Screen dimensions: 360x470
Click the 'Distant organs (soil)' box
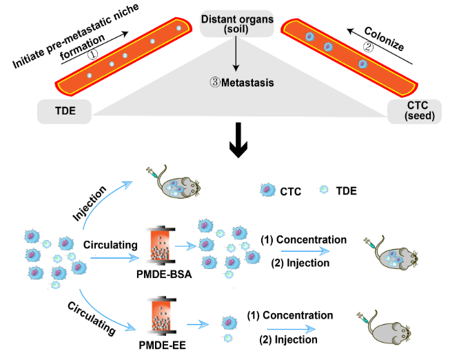coord(237,24)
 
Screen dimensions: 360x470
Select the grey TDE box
coord(65,110)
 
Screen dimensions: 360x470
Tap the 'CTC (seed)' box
coord(413,110)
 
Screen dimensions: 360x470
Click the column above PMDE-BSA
coord(163,245)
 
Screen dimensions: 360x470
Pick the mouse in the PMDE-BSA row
coord(398,257)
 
